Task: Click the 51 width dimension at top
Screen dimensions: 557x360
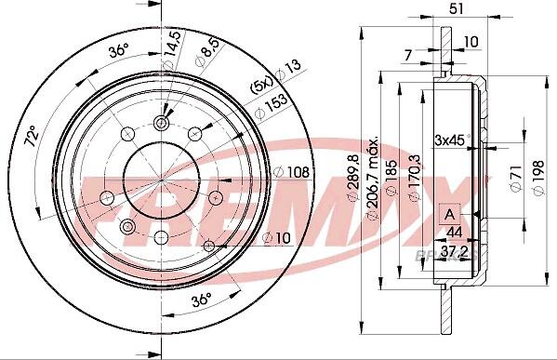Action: click(457, 9)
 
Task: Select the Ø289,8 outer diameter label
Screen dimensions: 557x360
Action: click(353, 178)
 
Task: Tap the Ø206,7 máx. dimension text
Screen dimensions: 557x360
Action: click(373, 178)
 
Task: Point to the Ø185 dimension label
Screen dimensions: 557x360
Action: click(391, 178)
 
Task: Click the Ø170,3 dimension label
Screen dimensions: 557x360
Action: click(415, 178)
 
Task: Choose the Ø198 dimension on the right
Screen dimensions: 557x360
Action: click(539, 178)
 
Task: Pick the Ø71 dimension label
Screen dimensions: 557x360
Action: click(516, 178)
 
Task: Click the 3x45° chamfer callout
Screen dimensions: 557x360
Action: click(452, 140)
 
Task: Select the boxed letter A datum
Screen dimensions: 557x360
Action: click(450, 214)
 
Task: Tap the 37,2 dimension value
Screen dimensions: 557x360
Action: click(451, 252)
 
